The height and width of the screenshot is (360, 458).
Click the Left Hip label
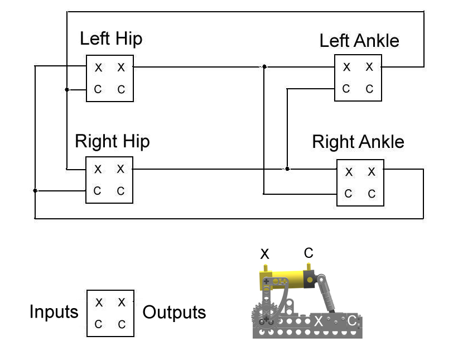tap(110, 39)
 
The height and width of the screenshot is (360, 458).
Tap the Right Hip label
tap(112, 141)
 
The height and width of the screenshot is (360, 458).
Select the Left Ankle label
tap(359, 41)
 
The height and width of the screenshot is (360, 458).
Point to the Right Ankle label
tap(358, 142)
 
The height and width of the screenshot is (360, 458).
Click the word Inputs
tap(54, 312)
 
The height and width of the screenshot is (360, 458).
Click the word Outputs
tap(174, 313)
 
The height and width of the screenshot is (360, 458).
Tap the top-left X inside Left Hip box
tap(98, 68)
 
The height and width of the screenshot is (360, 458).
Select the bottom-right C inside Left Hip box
tap(121, 89)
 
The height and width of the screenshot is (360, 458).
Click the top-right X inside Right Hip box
tap(120, 169)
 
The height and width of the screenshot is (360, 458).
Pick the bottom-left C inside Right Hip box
tap(98, 191)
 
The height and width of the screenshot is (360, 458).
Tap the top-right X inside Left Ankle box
tap(369, 67)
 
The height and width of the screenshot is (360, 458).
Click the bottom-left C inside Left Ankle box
tap(346, 89)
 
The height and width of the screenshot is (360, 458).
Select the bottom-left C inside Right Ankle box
tap(349, 194)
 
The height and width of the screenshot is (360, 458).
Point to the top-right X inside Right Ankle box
tap(372, 172)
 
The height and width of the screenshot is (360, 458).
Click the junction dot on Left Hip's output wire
tap(264, 67)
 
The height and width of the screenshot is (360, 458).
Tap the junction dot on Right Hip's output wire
tap(287, 169)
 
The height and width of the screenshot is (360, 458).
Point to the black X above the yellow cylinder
tap(265, 255)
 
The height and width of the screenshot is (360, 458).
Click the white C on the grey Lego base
tap(351, 320)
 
